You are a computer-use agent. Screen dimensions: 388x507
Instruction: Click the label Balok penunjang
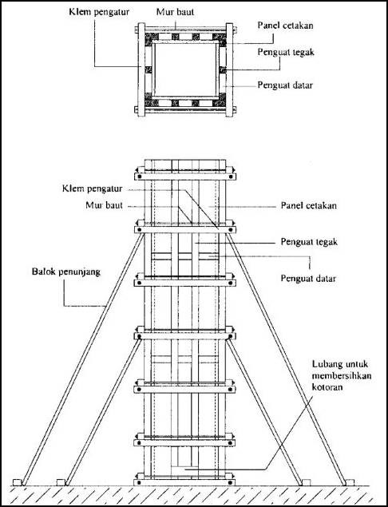[66, 272]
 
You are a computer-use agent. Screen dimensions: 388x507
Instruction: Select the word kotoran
[327, 387]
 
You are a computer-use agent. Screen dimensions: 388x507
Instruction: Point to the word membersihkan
[342, 376]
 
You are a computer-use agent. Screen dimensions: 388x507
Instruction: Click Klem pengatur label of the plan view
[99, 13]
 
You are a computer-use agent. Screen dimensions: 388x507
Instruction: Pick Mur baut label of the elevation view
[104, 205]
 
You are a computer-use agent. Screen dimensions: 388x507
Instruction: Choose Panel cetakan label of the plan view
[285, 26]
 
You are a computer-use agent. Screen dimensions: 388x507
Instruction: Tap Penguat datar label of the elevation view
[308, 279]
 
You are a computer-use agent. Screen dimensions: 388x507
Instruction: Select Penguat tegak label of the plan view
[286, 53]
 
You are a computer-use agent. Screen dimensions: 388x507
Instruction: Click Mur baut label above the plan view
[176, 12]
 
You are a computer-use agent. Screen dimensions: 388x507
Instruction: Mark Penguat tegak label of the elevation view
[309, 242]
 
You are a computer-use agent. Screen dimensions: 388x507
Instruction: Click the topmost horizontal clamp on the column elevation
[185, 176]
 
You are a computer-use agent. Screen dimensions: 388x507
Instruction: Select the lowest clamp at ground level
[184, 482]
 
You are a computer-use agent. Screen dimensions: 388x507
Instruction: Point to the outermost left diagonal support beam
[83, 359]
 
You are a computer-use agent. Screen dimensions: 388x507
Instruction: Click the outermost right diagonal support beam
[286, 359]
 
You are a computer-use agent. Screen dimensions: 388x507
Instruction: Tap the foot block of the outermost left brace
[18, 483]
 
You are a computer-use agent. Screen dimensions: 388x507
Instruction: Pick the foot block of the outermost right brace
[350, 483]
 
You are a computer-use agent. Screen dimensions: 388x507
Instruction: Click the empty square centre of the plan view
[185, 69]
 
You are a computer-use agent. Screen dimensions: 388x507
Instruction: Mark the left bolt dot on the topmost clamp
[140, 177]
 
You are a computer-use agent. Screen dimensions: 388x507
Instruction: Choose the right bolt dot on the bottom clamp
[230, 483]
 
